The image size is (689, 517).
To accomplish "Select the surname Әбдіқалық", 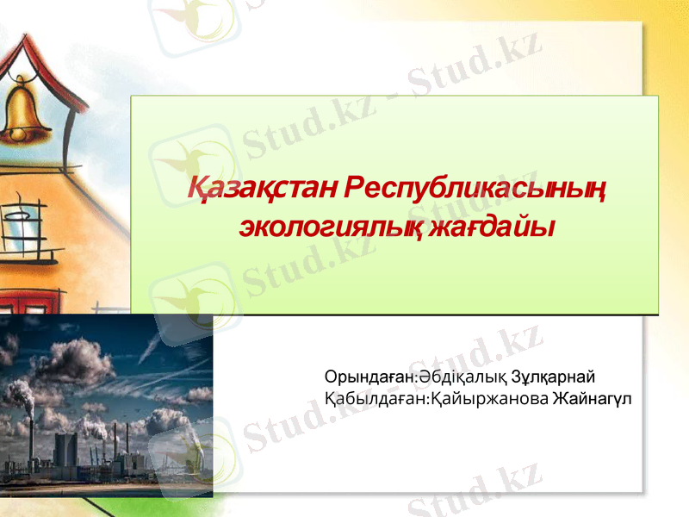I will (x=461, y=377).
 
